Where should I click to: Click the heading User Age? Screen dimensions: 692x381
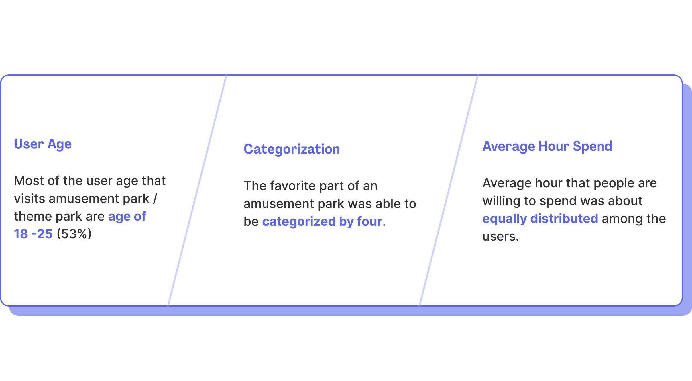pos(43,144)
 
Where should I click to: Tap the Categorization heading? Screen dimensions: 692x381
pos(292,149)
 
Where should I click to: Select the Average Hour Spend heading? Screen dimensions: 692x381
pos(547,146)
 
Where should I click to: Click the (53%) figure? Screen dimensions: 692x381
pos(74,234)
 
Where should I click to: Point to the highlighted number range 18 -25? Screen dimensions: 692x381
pos(33,234)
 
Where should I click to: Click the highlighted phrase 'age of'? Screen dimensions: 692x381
pos(127,217)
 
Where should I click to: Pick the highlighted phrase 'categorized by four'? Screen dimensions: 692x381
pos(322,222)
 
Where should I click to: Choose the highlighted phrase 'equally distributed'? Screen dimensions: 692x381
pos(540,219)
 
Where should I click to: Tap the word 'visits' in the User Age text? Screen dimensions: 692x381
pos(30,199)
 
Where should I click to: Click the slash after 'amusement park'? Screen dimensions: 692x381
pos(155,199)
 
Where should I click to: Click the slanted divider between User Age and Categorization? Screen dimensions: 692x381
pos(197,190)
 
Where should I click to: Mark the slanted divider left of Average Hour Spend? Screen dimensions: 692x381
pos(449,190)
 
